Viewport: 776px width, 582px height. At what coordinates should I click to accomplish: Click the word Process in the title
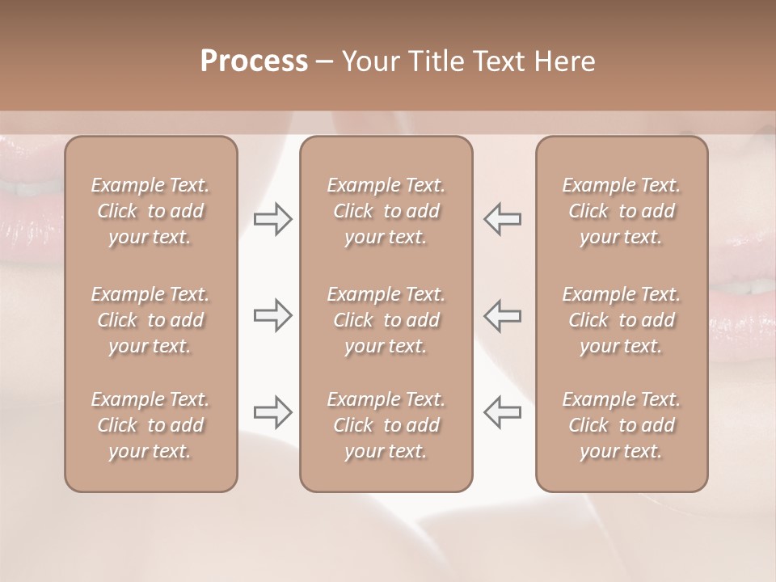click(254, 61)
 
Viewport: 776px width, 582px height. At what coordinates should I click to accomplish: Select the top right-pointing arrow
click(272, 219)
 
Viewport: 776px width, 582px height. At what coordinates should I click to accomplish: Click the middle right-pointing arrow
click(272, 315)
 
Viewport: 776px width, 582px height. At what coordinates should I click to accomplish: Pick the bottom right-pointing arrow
click(272, 412)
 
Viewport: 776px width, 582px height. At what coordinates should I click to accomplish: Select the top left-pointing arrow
click(503, 219)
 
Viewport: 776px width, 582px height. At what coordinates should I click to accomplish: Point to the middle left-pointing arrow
click(503, 315)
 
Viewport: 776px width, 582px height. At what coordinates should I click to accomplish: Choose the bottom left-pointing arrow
click(503, 412)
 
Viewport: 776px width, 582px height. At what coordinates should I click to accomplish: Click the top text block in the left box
click(150, 211)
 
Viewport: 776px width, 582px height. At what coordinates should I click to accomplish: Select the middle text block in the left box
click(150, 320)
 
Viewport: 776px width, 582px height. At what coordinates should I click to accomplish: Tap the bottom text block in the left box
click(150, 425)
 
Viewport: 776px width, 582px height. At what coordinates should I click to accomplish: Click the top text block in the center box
click(386, 211)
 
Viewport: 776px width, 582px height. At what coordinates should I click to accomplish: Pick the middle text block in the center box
click(386, 320)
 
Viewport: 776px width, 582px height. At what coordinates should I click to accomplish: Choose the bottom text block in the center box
click(386, 425)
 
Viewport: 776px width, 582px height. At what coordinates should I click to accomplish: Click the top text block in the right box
click(622, 211)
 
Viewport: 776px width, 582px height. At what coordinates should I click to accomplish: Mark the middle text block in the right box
click(622, 320)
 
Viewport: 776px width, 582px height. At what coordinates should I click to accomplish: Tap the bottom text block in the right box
click(622, 425)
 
